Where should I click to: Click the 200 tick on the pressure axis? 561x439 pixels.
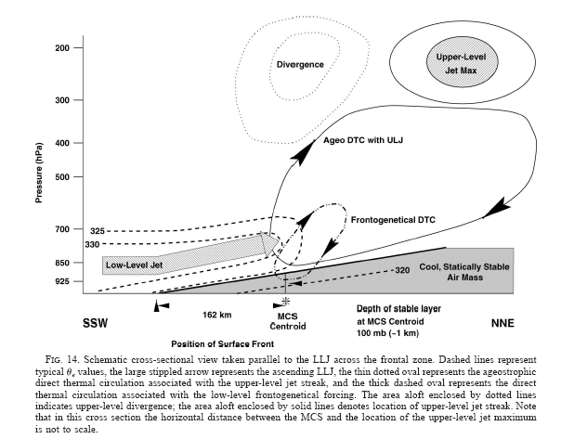coord(63,47)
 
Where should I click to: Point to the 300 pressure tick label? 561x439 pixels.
coord(63,100)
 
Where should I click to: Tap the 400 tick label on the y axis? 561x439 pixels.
coord(63,144)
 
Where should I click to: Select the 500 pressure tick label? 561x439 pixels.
coord(63,176)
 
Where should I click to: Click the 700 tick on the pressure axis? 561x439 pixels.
coord(63,228)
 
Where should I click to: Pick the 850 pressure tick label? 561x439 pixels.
coord(63,264)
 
